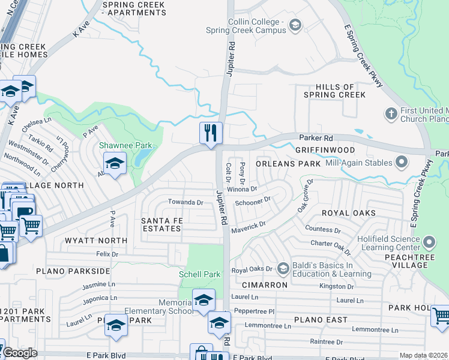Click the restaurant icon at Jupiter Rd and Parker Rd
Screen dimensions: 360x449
[x=211, y=133]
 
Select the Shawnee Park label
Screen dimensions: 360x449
[x=125, y=146]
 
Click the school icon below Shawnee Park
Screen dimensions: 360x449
[x=114, y=162]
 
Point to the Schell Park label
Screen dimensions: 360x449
[x=200, y=274]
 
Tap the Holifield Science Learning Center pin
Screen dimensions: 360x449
[x=429, y=242]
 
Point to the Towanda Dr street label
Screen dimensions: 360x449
[x=185, y=202]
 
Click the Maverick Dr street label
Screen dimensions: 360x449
[x=250, y=225]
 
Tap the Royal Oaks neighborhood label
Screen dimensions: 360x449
[x=349, y=213]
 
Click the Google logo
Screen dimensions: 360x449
[x=20, y=353]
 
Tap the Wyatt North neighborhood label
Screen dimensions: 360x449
[x=97, y=241]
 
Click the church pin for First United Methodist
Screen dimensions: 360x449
[x=391, y=113]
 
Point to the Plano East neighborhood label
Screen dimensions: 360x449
[x=320, y=320]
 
